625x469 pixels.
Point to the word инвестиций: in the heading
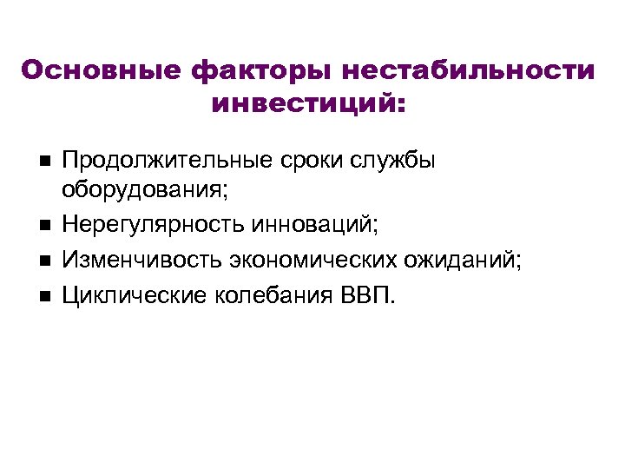click(x=308, y=103)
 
